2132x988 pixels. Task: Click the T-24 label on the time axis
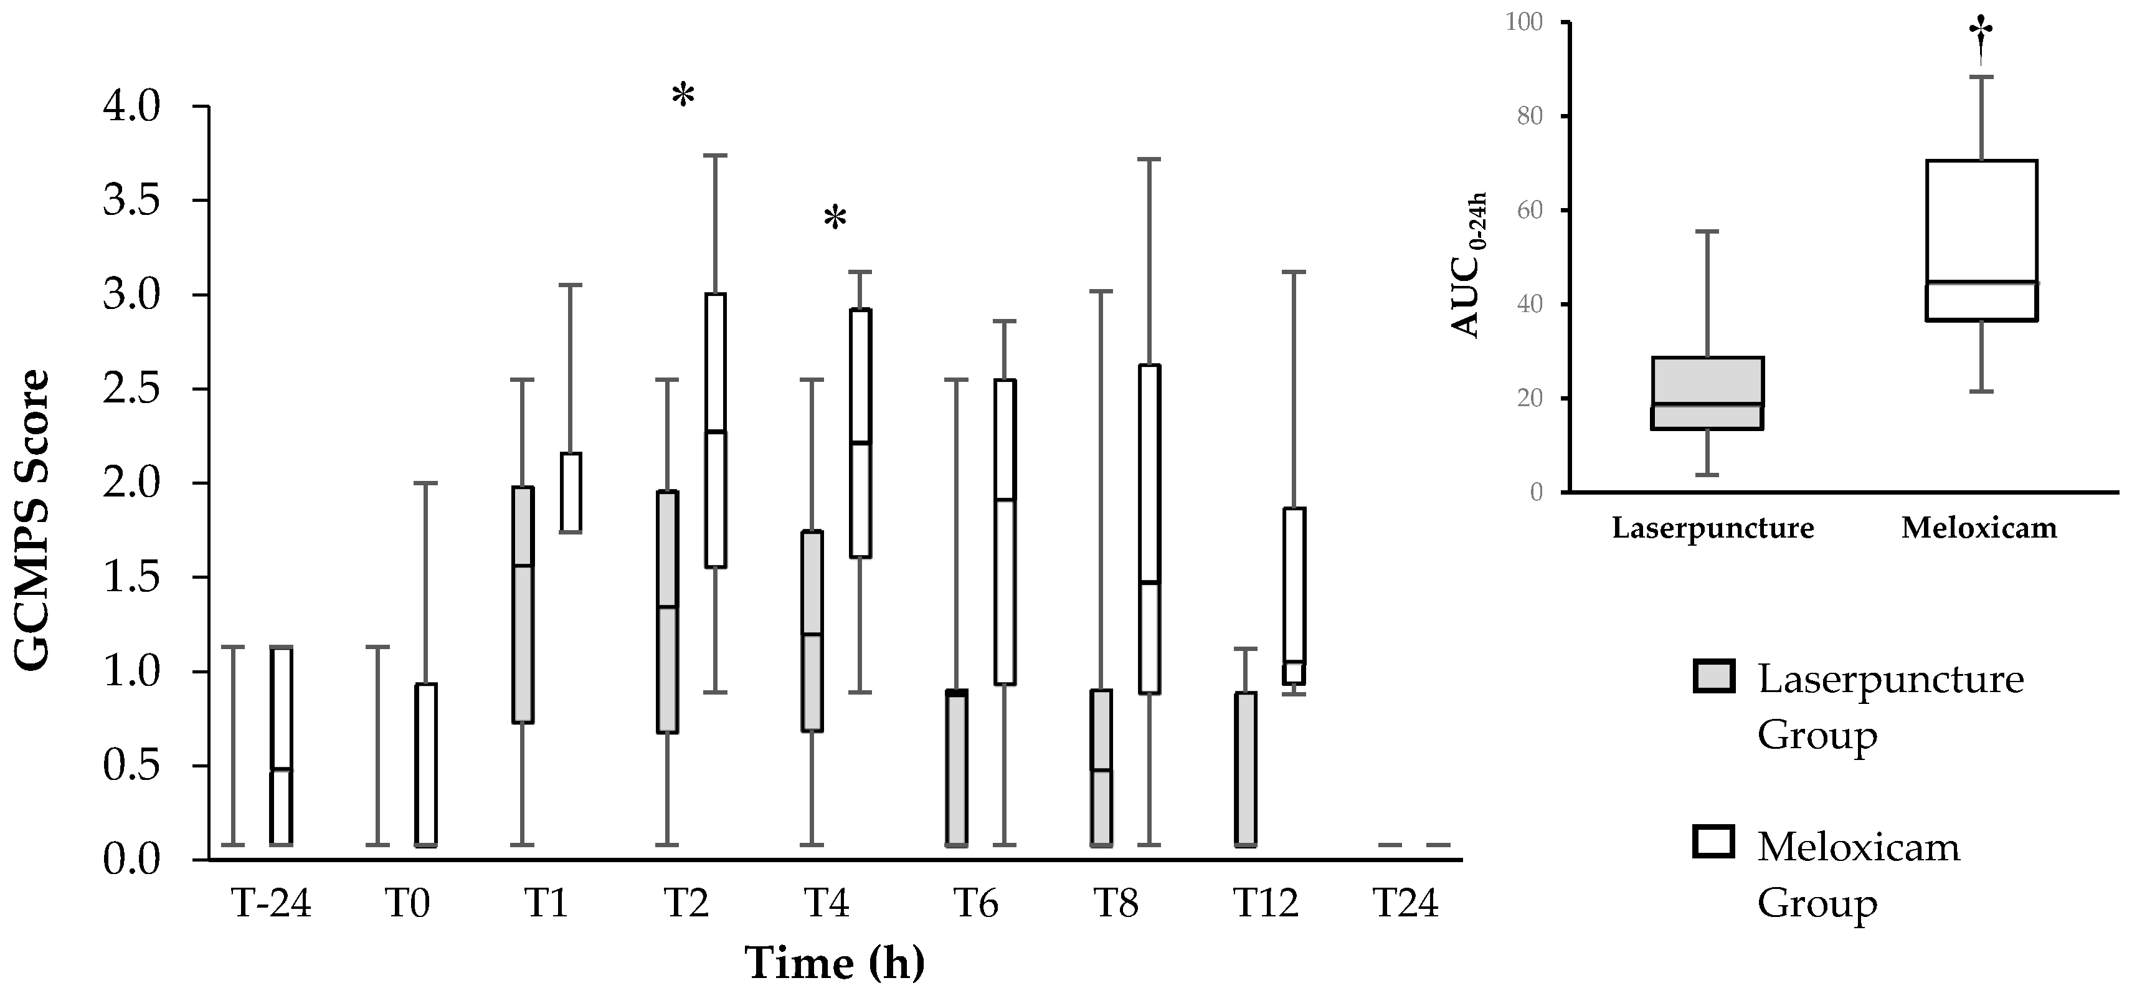(271, 904)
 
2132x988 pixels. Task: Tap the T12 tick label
(1266, 904)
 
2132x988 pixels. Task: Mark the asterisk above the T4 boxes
(835, 219)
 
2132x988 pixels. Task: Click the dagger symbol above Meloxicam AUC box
(1981, 41)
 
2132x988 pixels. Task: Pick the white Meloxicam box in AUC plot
(1981, 240)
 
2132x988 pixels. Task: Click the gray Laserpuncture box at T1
(522, 604)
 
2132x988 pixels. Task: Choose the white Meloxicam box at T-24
(282, 744)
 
